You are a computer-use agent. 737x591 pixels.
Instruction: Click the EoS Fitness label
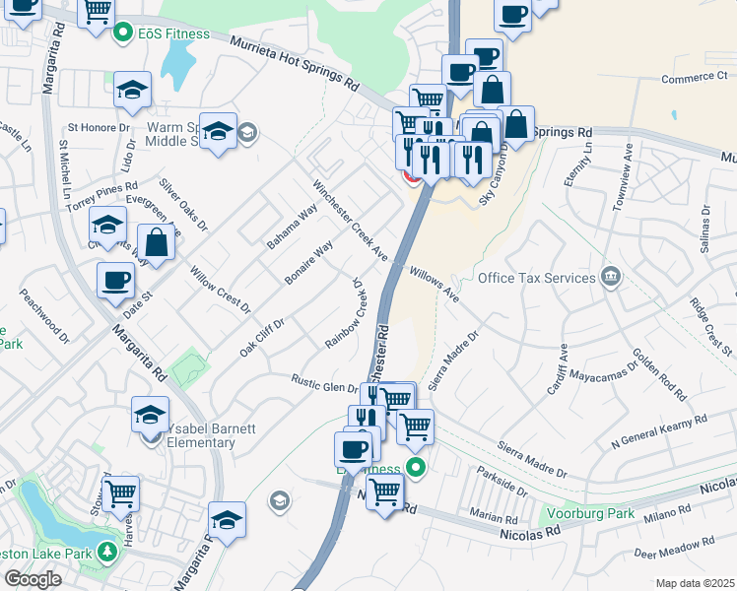click(173, 33)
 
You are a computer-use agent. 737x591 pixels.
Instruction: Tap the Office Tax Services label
click(536, 278)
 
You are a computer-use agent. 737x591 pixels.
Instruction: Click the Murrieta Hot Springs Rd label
click(295, 62)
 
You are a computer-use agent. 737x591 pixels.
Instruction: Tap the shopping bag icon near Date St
click(158, 240)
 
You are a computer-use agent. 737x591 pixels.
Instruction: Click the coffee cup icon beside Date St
click(115, 280)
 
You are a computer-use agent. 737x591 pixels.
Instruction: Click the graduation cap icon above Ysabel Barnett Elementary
click(151, 414)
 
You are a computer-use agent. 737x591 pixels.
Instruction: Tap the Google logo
click(33, 579)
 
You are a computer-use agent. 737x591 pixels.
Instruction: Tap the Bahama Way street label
click(292, 226)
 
